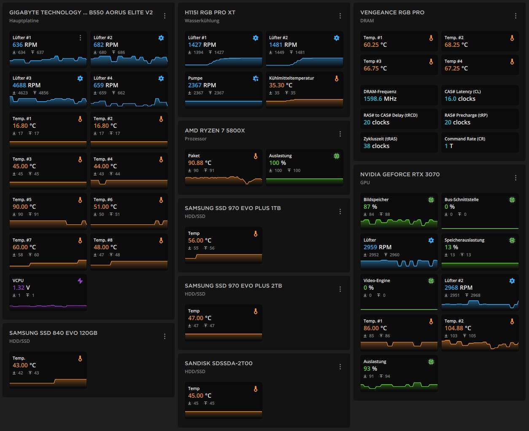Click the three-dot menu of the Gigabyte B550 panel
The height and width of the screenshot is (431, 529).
click(165, 16)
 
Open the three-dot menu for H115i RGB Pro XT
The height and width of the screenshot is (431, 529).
click(340, 16)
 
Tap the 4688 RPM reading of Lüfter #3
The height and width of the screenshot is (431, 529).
click(26, 85)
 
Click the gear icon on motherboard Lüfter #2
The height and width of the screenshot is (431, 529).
click(161, 38)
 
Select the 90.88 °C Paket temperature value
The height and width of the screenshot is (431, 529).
click(200, 163)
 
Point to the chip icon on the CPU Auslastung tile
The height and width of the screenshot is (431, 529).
click(336, 156)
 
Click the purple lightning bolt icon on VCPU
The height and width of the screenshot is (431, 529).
click(80, 281)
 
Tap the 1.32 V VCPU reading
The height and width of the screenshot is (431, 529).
click(21, 288)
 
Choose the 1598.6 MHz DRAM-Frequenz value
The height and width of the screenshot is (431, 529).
click(380, 99)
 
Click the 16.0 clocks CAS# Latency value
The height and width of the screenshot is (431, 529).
click(460, 99)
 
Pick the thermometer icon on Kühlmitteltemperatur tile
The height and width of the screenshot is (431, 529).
click(336, 78)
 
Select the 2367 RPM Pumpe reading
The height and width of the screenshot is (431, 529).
click(202, 85)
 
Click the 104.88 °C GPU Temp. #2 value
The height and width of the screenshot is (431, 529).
click(458, 328)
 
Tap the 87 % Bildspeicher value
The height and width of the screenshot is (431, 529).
click(370, 207)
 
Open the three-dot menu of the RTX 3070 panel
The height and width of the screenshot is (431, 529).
click(516, 178)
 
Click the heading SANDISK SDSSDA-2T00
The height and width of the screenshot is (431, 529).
click(219, 363)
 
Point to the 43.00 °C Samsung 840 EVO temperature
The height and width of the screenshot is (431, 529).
click(24, 365)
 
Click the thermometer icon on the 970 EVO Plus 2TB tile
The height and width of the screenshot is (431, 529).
click(255, 311)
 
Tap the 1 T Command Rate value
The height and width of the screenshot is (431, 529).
click(448, 146)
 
